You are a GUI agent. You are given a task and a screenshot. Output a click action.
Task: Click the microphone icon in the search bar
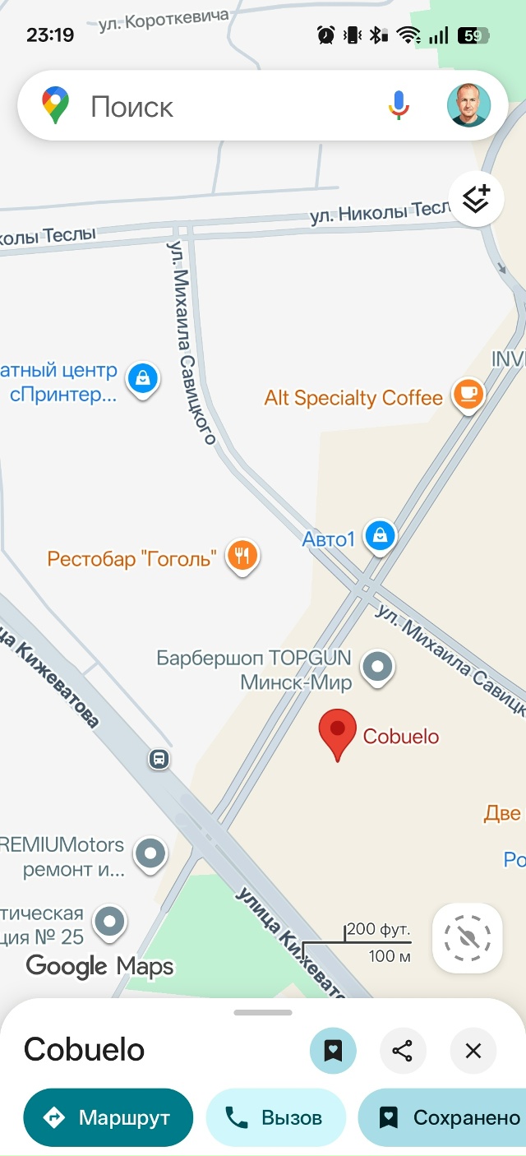[399, 106]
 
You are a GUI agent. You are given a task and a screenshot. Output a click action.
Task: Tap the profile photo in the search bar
[468, 105]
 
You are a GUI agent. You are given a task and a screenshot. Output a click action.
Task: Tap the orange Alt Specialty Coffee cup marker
[468, 394]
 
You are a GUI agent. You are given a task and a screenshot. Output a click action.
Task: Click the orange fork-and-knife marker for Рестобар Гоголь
[242, 555]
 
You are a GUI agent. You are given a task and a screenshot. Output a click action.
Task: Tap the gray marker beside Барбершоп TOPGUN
[378, 667]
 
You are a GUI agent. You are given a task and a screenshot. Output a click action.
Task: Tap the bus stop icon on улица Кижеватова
[159, 759]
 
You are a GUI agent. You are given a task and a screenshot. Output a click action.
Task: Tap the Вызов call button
[275, 1117]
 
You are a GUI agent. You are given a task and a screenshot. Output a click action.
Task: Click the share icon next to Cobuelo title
[402, 1050]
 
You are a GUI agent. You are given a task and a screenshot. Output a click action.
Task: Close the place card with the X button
[473, 1050]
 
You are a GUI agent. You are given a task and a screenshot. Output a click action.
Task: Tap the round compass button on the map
[467, 937]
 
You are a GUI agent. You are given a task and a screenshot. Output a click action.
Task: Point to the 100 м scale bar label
[389, 956]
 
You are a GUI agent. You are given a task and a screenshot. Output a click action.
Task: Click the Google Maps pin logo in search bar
[56, 106]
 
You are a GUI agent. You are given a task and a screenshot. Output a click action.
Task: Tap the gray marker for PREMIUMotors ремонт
[150, 853]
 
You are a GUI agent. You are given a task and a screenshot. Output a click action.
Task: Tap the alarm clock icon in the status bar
[325, 35]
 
